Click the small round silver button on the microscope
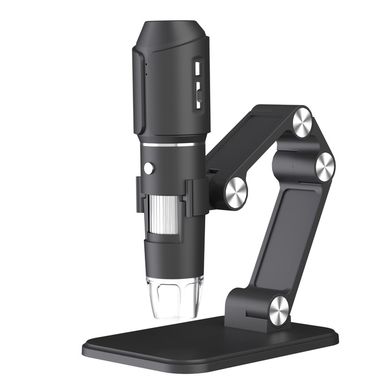(148, 168)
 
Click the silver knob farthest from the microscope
(324, 166)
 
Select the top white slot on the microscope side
(198, 69)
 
